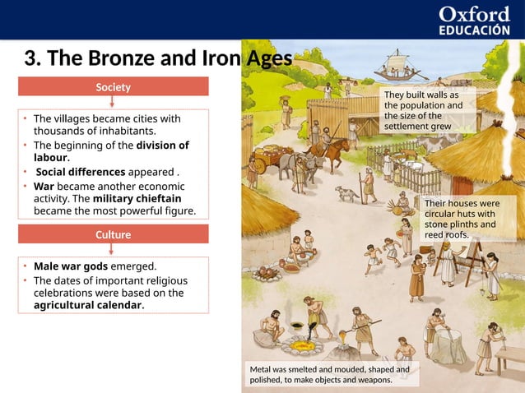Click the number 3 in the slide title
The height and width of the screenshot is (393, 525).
[30, 58]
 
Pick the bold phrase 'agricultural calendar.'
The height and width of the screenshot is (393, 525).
[89, 305]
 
